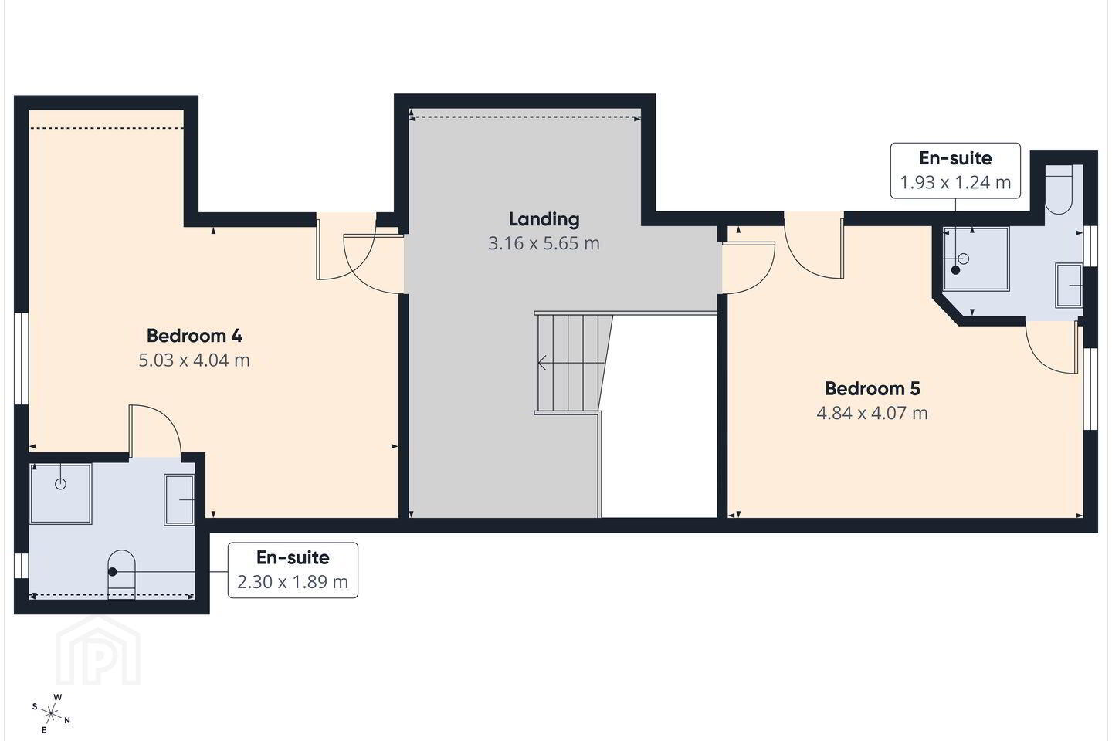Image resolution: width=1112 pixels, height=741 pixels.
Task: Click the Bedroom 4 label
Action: click(194, 336)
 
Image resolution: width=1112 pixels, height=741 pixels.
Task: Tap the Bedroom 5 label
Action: click(873, 388)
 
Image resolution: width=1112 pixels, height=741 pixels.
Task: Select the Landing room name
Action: click(544, 219)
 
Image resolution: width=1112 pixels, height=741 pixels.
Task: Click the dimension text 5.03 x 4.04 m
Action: click(194, 360)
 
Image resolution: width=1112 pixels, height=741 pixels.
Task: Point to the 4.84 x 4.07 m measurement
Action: click(873, 413)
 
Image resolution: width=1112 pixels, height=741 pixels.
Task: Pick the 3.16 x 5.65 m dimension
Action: click(544, 243)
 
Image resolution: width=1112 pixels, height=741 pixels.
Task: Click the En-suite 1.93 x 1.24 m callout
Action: click(955, 171)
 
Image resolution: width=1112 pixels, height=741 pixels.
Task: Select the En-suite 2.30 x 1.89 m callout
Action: click(293, 570)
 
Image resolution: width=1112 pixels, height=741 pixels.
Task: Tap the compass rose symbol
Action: click(51, 714)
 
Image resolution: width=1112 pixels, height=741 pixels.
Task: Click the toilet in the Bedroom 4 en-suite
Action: click(122, 574)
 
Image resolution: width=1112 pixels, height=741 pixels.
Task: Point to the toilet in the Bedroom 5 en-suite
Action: click(1059, 190)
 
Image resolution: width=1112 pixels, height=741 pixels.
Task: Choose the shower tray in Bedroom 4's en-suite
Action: click(60, 494)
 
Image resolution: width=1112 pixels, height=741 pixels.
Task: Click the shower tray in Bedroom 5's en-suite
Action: click(976, 259)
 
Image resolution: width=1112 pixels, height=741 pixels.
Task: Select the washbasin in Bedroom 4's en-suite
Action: click(178, 500)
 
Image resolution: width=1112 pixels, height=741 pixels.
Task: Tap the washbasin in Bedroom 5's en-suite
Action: click(1069, 286)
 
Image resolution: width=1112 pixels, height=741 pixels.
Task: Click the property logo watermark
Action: click(98, 651)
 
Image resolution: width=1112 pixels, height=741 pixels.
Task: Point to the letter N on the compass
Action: click(67, 721)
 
